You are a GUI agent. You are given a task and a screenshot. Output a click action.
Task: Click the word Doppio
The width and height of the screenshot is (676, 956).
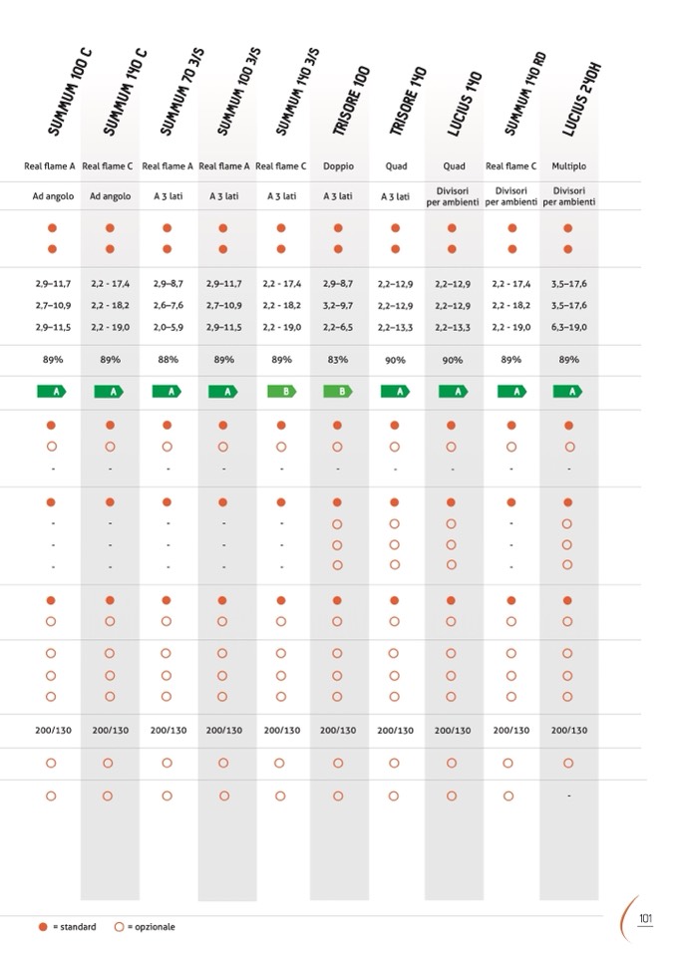coord(338,166)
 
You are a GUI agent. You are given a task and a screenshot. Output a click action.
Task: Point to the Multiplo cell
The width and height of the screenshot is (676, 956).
coord(567,166)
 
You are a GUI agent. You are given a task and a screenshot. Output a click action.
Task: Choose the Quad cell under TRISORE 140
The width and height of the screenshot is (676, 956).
coord(395,166)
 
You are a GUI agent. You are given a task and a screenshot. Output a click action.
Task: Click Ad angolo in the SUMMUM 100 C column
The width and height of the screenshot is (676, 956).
coord(52,196)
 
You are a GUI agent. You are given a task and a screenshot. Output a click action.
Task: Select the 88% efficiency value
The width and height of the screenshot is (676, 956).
coord(168,359)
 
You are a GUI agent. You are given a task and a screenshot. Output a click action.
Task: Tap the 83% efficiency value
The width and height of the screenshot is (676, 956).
coord(338,359)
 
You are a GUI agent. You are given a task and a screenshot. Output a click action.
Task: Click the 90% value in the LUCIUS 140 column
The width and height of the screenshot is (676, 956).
coord(452,360)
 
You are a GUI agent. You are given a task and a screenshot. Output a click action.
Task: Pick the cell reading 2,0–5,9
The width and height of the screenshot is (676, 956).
coord(168,327)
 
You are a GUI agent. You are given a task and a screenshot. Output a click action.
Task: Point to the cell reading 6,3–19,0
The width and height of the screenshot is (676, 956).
coord(567,327)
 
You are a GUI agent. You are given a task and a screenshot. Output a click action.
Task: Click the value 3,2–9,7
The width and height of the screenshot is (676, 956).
coord(338,306)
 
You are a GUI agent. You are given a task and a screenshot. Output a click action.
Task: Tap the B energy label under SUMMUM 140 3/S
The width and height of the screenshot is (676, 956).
coord(281,392)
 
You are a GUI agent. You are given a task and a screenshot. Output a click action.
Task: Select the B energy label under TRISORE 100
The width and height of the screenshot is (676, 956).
coord(338,392)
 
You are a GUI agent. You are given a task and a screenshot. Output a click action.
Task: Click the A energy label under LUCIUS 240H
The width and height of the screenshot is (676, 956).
coord(567,392)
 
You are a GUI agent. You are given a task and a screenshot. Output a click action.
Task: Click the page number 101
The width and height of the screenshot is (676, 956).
coord(644,918)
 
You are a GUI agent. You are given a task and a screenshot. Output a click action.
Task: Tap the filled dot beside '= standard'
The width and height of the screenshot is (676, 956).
coord(42,926)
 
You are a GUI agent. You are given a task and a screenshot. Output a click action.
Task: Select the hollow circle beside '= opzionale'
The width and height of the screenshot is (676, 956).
coord(119,926)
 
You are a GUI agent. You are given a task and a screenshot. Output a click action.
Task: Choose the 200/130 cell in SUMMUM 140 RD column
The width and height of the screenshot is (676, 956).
coord(510,731)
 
